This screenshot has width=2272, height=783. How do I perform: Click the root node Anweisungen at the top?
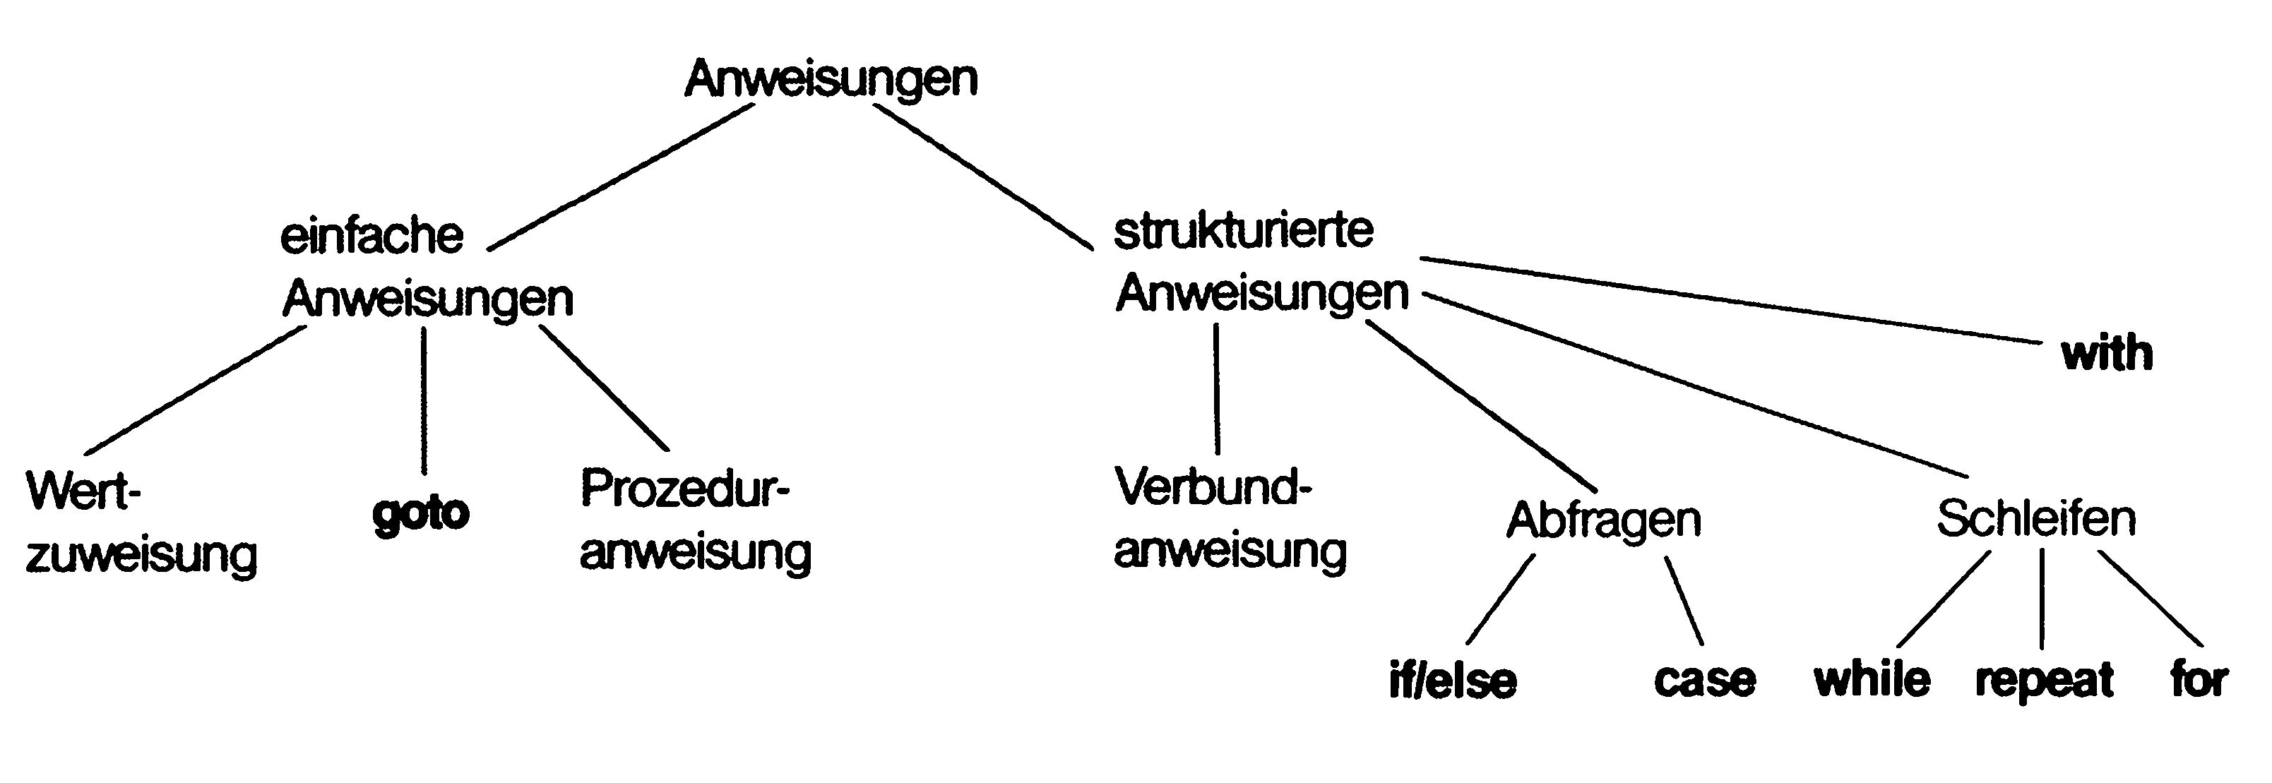[x=831, y=79]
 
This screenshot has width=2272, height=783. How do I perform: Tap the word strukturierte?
[x=1244, y=231]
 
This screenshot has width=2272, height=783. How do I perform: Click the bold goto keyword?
[x=421, y=513]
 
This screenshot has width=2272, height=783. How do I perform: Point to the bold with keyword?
[x=2107, y=354]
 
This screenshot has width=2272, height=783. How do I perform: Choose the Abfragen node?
[x=1603, y=520]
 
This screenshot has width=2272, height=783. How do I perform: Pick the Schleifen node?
[x=2035, y=518]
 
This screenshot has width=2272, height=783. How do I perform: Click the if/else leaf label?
[x=1453, y=681]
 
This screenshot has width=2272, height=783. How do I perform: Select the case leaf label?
[x=1704, y=680]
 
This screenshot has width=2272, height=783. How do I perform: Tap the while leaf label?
[x=1872, y=680]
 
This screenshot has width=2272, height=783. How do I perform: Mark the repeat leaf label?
[x=2045, y=681]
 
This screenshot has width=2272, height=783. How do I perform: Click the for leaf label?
[x=2199, y=680]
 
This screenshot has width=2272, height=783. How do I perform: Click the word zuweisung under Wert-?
[x=141, y=556]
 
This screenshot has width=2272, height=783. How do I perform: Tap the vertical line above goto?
[x=424, y=401]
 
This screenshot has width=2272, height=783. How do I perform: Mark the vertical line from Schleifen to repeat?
[x=2042, y=599]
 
